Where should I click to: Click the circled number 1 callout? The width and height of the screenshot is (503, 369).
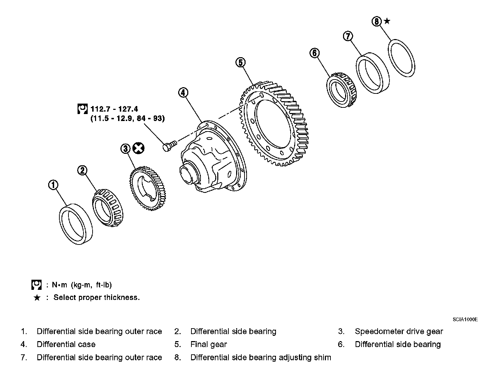53,185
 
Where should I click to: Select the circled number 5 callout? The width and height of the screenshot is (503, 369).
240,62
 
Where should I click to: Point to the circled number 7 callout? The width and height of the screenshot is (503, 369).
348,36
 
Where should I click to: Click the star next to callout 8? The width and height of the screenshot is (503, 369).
387,21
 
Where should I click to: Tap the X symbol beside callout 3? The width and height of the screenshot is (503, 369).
139,148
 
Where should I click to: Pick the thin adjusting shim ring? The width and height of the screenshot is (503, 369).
402,58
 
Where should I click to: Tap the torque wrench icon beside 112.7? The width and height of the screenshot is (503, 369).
82,109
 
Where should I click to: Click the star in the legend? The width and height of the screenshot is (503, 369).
37,298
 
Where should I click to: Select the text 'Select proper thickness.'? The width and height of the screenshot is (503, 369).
96,298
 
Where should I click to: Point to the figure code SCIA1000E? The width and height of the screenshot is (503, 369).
465,319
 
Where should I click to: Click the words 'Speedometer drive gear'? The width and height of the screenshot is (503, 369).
399,331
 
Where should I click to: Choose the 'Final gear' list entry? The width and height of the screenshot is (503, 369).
208,345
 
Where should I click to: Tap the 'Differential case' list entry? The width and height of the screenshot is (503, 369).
66,345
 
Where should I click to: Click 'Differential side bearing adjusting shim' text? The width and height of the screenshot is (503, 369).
261,357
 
